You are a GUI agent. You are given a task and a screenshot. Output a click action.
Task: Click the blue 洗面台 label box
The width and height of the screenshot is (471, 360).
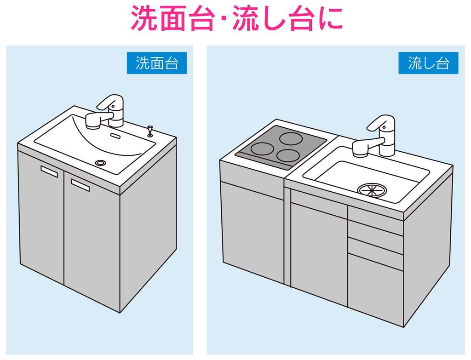(x=156, y=63)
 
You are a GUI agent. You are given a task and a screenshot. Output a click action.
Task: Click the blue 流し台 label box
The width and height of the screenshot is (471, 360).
(x=428, y=63)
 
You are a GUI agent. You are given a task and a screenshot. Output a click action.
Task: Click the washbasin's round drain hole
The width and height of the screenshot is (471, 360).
(x=100, y=163)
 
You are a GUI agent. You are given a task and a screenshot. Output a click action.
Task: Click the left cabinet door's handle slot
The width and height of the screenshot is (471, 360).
(x=49, y=172)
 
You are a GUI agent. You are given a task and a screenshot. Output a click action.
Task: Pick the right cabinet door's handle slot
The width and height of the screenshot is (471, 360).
(x=80, y=185)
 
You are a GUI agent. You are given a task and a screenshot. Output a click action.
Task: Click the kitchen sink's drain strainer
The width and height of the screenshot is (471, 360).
(x=371, y=190)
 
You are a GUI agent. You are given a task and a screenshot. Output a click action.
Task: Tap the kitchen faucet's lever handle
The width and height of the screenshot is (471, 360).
(x=380, y=123)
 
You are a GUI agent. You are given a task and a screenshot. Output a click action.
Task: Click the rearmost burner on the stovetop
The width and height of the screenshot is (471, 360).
(x=291, y=138)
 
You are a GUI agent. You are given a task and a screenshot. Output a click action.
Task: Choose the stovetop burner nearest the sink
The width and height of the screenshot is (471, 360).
(x=287, y=155)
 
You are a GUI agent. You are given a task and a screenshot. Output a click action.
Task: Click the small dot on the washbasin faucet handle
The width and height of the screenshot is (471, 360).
(x=113, y=106)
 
